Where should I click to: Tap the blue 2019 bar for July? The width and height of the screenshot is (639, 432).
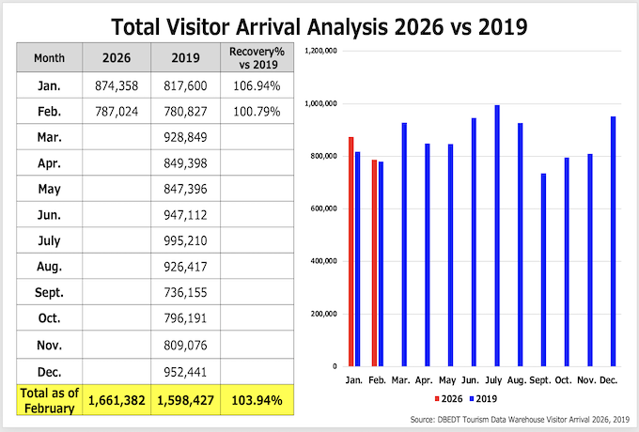click(497, 235)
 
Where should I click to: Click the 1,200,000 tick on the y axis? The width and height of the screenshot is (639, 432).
click(318, 50)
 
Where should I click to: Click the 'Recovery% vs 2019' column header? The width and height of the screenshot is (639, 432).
click(255, 57)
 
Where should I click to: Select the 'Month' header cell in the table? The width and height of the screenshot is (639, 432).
click(49, 57)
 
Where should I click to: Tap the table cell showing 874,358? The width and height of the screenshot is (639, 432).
click(117, 86)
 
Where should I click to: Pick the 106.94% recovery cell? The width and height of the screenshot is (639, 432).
click(255, 86)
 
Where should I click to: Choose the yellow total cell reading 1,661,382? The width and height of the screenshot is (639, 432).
click(117, 401)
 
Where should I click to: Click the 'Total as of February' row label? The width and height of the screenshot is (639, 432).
click(49, 400)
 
